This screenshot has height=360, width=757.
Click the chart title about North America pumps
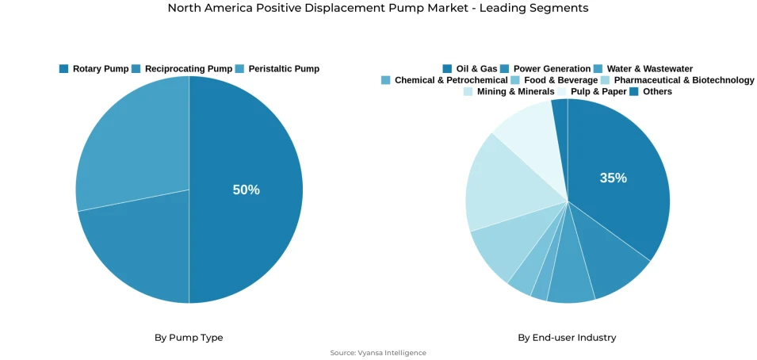click(378, 8)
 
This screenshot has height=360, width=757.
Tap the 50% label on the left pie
click(246, 190)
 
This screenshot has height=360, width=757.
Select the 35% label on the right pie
click(613, 178)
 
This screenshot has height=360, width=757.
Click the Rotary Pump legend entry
click(94, 69)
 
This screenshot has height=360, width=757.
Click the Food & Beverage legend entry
click(554, 80)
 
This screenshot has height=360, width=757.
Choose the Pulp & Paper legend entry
click(591, 91)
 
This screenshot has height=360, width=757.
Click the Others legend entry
click(651, 91)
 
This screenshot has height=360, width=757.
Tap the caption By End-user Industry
click(567, 338)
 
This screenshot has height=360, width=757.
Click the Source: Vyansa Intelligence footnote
click(378, 353)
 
